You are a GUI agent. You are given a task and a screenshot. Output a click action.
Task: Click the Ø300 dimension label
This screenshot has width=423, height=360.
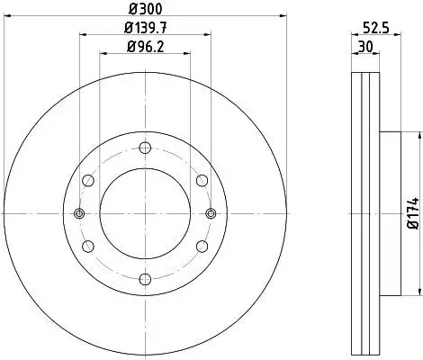[146, 8]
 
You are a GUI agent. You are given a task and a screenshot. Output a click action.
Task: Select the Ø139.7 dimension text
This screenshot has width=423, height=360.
[146, 28]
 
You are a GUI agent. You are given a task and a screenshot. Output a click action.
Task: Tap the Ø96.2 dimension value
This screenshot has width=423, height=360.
[146, 47]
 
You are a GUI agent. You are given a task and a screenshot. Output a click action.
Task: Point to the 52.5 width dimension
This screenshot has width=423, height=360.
[376, 28]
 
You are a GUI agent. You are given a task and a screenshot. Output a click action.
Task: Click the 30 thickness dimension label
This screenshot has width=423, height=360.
[365, 47]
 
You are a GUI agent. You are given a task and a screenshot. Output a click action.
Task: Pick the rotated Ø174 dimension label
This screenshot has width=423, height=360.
[414, 213]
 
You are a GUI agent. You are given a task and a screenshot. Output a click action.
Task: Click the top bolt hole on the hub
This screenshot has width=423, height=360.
[145, 148]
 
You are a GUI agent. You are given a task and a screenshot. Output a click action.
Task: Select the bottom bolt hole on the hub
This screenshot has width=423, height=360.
[145, 279]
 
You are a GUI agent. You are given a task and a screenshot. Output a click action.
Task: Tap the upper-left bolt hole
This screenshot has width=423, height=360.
[88, 181]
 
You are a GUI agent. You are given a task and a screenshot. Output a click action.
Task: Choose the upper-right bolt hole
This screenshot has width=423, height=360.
[202, 181]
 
